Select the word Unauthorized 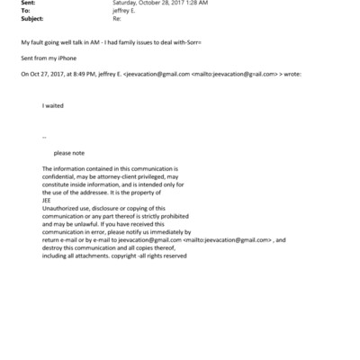tap(60, 209)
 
